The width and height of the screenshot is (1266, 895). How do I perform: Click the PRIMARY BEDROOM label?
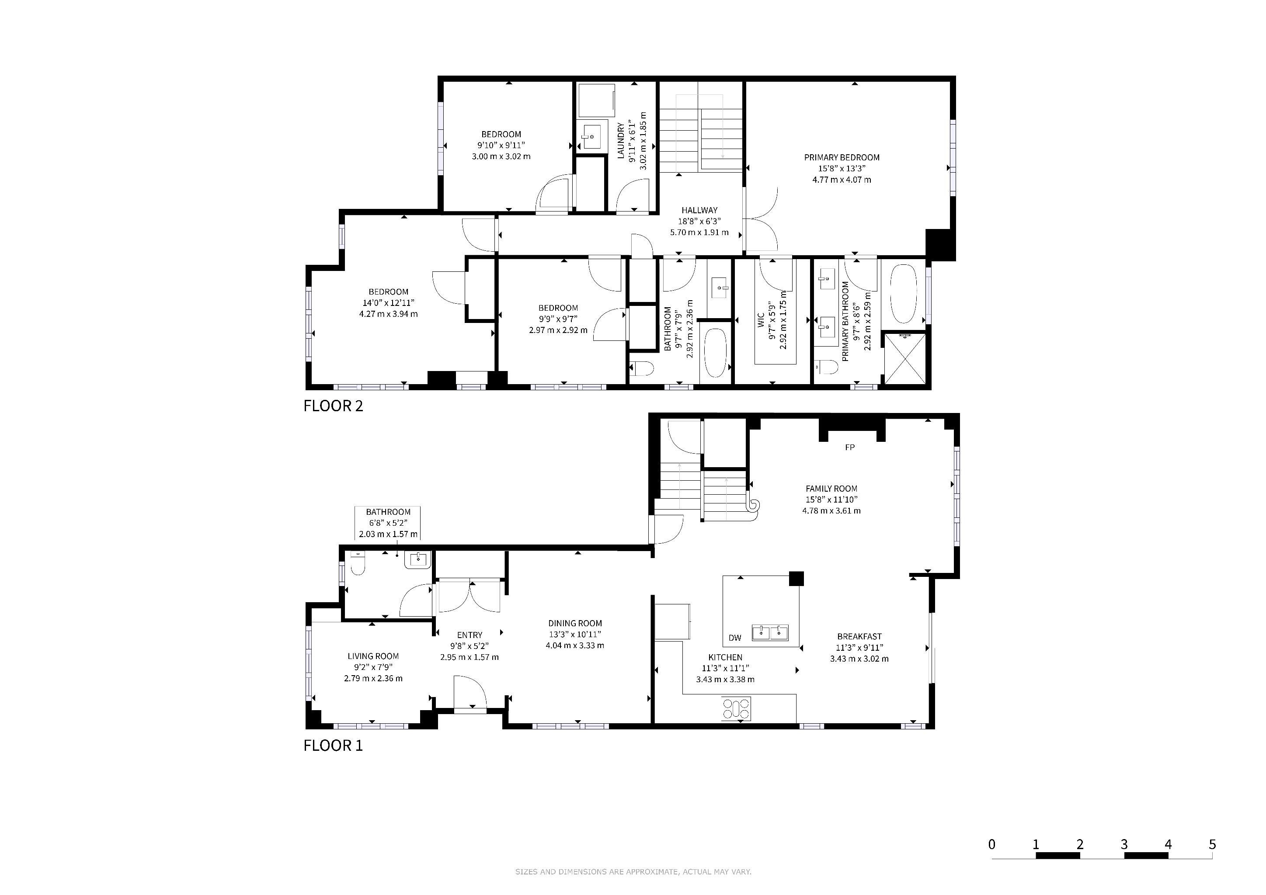(842, 158)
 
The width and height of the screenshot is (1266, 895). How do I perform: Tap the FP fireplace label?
(850, 447)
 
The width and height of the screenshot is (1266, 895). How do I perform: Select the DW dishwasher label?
(735, 638)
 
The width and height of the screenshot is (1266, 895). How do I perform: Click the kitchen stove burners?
(737, 709)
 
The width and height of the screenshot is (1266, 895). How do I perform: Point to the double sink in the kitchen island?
(770, 632)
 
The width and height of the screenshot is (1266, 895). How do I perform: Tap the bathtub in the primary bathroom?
(904, 294)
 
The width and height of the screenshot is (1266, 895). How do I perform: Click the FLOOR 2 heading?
(333, 406)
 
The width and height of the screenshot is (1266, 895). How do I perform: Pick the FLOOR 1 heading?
(333, 745)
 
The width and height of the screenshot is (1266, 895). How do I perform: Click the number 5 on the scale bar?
(1212, 844)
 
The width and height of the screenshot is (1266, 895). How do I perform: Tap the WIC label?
(761, 321)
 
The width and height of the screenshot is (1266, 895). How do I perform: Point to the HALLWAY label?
(699, 210)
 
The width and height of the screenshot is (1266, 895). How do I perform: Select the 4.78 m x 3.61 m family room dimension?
(831, 511)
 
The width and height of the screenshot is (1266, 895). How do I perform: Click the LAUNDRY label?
(621, 142)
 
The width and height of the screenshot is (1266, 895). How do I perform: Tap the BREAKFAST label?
(859, 637)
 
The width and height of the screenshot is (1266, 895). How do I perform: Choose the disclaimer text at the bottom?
(633, 872)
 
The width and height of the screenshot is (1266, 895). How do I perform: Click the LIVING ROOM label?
(373, 656)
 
